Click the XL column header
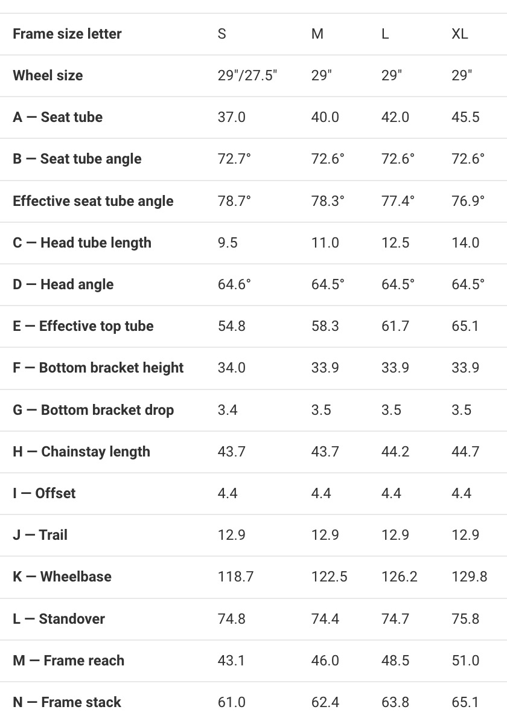(459, 34)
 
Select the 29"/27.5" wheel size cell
(247, 75)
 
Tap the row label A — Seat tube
(57, 117)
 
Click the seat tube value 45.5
(465, 117)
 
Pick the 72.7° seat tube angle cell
(234, 159)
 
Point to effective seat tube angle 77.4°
(398, 201)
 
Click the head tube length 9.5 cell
(228, 243)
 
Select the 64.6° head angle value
(234, 284)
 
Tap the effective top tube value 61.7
(395, 326)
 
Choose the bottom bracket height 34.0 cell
(232, 368)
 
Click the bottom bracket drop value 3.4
(228, 410)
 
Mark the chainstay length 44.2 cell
(395, 452)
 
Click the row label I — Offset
(44, 493)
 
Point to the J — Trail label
(40, 535)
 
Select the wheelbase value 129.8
(469, 577)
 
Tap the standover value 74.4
(325, 619)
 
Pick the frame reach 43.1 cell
(232, 661)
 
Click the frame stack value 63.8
(395, 702)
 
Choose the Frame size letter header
(67, 34)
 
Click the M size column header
(317, 34)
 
